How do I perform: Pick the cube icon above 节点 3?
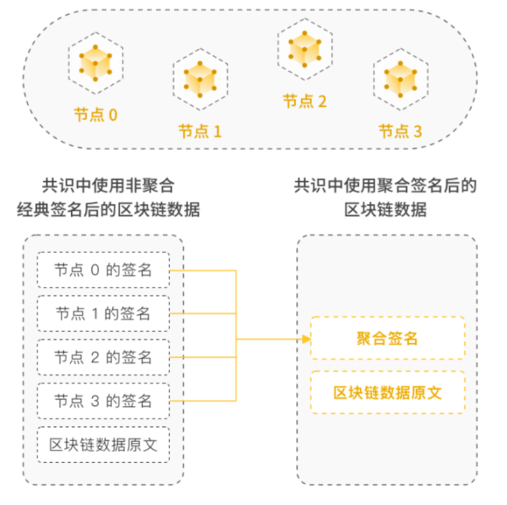401,78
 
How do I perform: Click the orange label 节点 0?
96,115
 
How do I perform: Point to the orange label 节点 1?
200,131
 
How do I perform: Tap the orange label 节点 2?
304,101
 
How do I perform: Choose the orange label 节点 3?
400,131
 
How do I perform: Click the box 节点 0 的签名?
103,270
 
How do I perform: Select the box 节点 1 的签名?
103,314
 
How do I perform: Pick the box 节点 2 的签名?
103,358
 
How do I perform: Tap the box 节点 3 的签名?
103,401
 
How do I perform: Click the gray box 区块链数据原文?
103,445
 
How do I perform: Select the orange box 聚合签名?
387,338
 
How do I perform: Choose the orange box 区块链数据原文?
387,392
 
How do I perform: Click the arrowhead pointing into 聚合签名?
305,339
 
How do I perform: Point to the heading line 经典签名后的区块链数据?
108,210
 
